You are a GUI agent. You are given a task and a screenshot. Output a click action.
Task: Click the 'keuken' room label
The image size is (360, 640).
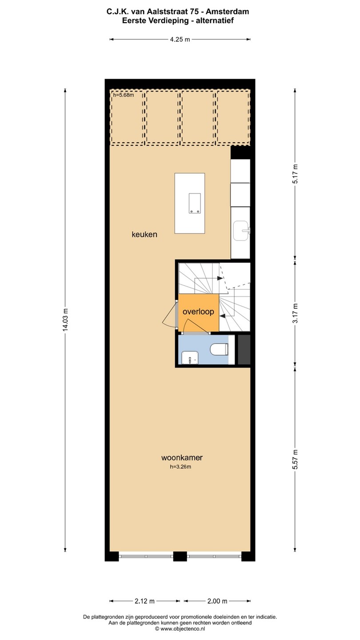pyautogui.click(x=144, y=235)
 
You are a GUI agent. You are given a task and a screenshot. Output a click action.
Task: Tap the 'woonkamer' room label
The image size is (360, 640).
pyautogui.click(x=182, y=457)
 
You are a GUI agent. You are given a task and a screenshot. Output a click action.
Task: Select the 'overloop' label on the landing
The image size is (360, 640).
pyautogui.click(x=198, y=312)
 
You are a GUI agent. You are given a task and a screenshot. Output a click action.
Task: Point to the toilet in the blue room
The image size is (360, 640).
pyautogui.click(x=219, y=349)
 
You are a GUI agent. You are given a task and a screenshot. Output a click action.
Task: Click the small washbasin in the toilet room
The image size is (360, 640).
pyautogui.click(x=190, y=358)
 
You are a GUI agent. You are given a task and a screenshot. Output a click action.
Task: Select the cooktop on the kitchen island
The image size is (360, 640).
pyautogui.click(x=195, y=203)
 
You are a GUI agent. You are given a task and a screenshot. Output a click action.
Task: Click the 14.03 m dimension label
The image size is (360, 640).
pyautogui.click(x=65, y=320)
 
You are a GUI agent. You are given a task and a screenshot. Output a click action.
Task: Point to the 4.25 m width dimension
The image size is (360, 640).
pyautogui.click(x=180, y=40)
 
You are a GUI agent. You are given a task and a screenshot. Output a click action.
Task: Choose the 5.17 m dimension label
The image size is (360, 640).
pyautogui.click(x=295, y=174)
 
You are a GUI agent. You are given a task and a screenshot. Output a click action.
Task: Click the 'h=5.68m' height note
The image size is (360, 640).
pyautogui.click(x=124, y=95)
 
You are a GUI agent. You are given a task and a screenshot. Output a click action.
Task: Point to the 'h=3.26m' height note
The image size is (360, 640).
pyautogui.click(x=180, y=467)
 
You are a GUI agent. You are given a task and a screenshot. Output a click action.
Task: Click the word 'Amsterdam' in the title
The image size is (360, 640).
pyautogui.click(x=228, y=12)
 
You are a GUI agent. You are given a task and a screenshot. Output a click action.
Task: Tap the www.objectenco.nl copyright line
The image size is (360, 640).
pyautogui.click(x=180, y=628)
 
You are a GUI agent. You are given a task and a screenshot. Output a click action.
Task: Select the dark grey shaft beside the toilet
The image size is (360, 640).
pyautogui.click(x=244, y=349)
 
